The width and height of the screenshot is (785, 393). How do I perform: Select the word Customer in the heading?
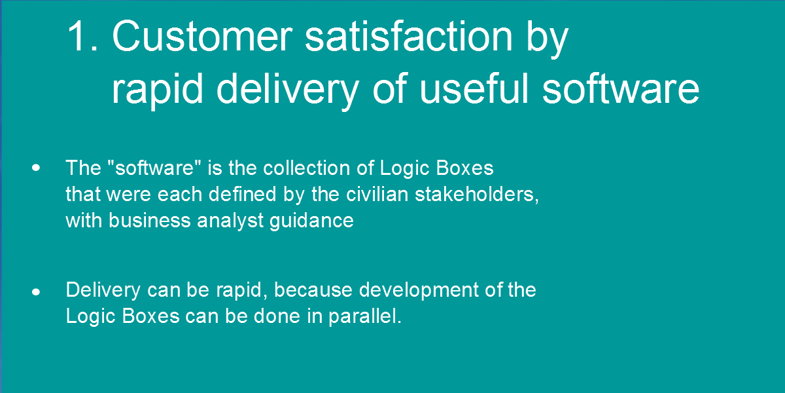coord(202,36)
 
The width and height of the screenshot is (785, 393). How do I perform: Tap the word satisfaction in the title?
coord(409,36)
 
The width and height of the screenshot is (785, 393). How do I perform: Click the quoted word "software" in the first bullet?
coord(154,168)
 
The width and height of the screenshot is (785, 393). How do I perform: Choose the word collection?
coord(307,168)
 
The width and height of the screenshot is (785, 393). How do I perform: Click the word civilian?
coord(377,194)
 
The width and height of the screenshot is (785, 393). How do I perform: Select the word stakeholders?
coord(474,194)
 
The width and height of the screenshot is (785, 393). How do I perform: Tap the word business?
coord(149,221)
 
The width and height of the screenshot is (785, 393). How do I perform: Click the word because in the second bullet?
coord(313,290)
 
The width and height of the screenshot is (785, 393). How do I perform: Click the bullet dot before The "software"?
coord(36,168)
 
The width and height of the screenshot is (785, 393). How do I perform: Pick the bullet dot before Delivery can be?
coord(36,292)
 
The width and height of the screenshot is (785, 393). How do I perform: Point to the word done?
coord(277,316)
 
